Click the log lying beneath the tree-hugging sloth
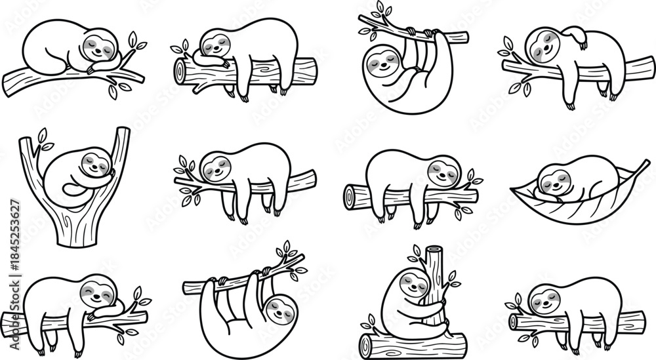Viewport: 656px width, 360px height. pyautogui.click(x=413, y=342)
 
